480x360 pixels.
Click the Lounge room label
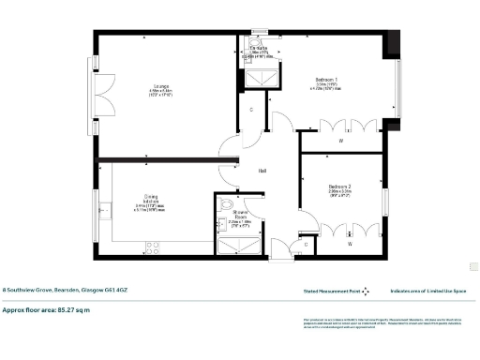[158, 84]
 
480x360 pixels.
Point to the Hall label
[265, 170]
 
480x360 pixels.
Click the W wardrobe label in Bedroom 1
[340, 141]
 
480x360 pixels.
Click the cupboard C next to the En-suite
[252, 110]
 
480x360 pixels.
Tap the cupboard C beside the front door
[307, 245]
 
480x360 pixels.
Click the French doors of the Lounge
[103, 94]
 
